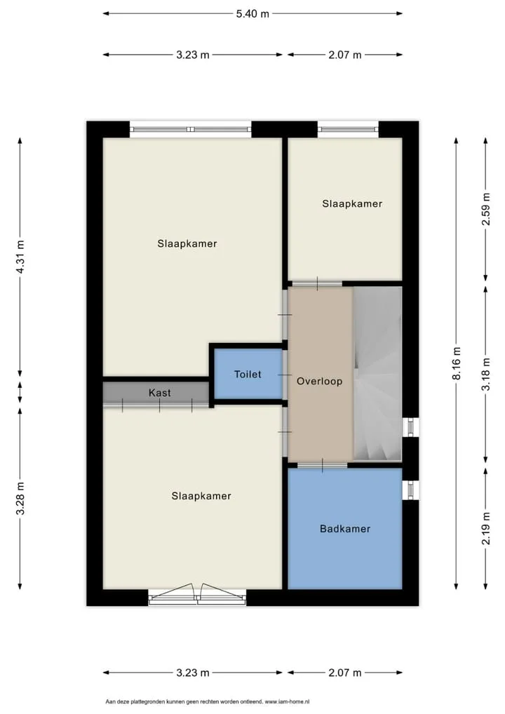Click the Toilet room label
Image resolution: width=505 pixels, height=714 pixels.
point(248,375)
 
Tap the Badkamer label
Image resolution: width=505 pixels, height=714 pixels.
point(344,529)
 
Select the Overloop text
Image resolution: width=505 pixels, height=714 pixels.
point(319,381)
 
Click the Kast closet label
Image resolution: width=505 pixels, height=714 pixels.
point(160,393)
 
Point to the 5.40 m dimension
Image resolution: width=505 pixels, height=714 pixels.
point(252,13)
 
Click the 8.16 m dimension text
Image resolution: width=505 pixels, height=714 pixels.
point(457,363)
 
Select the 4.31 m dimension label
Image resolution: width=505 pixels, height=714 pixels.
point(20,257)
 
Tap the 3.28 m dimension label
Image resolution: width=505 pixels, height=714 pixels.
point(20,498)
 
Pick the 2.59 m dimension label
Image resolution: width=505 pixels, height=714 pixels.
point(486,209)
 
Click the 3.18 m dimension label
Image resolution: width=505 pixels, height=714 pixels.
point(486,375)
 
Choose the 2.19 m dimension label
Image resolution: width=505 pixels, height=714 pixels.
point(486,528)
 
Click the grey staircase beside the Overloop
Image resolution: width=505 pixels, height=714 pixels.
point(377,374)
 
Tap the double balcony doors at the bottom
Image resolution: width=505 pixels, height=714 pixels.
point(197,594)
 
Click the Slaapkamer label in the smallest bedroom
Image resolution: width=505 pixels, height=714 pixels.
point(352,203)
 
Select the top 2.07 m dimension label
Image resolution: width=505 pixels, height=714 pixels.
point(344,55)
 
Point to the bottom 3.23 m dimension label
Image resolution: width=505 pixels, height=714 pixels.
point(193,673)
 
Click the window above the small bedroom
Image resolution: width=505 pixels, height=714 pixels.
point(349,129)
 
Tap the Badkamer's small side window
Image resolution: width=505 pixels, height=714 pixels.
point(411,490)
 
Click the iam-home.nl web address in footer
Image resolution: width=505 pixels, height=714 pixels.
point(287,701)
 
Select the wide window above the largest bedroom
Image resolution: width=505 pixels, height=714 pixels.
point(191,129)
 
